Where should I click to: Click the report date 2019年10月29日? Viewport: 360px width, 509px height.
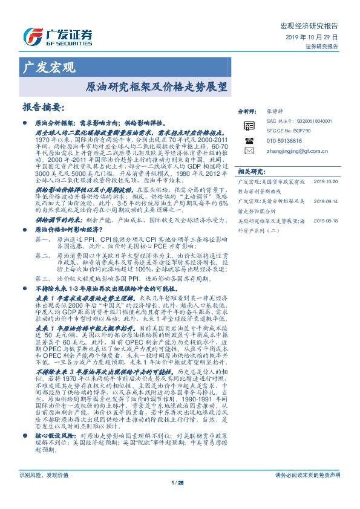[312, 37]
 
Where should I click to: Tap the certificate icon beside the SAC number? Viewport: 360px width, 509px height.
[249, 125]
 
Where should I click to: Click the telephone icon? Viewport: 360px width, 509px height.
[249, 139]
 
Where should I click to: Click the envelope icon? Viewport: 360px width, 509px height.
[249, 150]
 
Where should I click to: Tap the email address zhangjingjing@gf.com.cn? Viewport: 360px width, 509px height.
[296, 149]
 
